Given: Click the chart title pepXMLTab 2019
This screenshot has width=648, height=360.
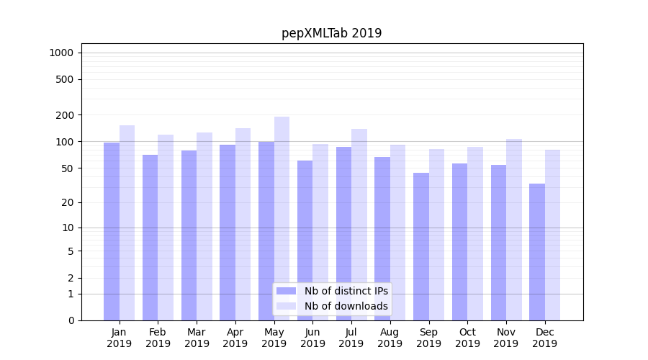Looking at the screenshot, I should click(x=331, y=33).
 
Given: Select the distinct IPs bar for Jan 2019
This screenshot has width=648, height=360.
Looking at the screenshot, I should click(x=112, y=230).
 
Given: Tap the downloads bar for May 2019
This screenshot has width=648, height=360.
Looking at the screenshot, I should click(x=282, y=216).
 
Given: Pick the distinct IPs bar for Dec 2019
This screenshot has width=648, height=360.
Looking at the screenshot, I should click(x=537, y=252).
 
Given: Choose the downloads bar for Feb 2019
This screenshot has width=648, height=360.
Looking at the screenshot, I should click(x=166, y=227).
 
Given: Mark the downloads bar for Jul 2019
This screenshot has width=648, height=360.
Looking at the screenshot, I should click(x=359, y=224).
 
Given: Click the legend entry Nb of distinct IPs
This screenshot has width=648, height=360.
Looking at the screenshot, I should click(x=346, y=291).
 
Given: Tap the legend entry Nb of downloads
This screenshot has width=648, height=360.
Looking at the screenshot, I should click(x=346, y=306).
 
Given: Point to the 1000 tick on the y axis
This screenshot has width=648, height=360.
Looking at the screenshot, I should click(x=62, y=53).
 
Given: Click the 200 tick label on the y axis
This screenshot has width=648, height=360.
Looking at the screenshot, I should click(x=65, y=115).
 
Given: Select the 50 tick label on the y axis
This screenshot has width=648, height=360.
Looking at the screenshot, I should click(x=67, y=168).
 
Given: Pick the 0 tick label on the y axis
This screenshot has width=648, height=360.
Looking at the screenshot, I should click(x=71, y=320).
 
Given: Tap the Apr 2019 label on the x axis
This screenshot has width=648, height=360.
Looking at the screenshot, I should click(x=235, y=338).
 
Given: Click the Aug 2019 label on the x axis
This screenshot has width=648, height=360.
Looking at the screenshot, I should click(x=390, y=338).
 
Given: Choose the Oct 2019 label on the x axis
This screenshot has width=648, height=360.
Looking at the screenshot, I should click(x=467, y=338).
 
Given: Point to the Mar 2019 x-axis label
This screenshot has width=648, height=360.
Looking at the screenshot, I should click(x=197, y=338).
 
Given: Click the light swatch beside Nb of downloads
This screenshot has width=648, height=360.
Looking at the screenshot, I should click(x=286, y=306).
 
